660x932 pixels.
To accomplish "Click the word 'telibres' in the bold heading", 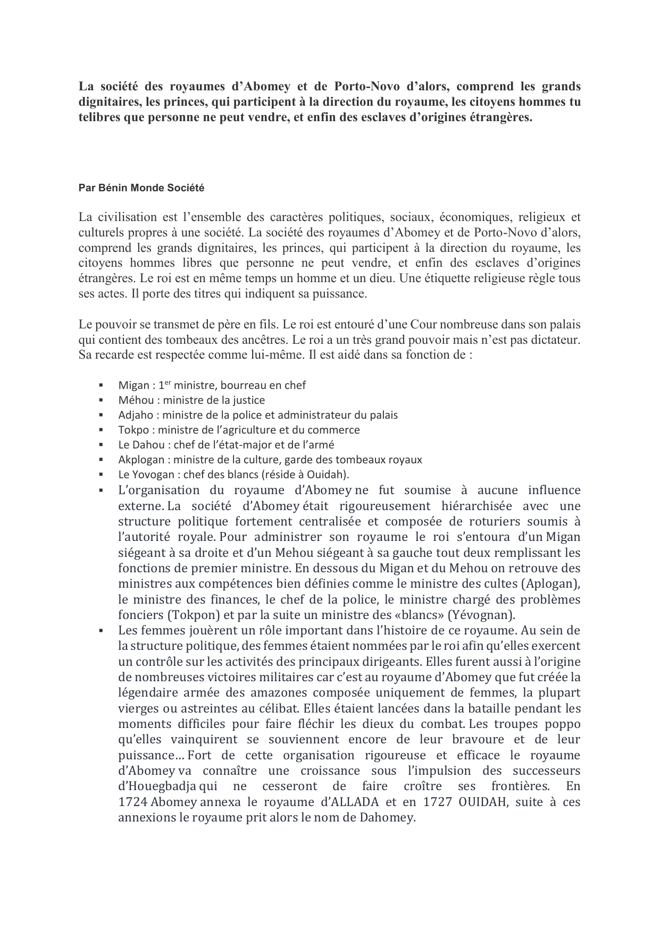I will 99,117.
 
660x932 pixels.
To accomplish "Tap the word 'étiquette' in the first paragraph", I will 466,278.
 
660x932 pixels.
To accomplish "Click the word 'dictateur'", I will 553,339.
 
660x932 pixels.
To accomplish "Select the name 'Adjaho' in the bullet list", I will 136,415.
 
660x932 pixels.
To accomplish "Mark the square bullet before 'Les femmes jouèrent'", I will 101,631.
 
